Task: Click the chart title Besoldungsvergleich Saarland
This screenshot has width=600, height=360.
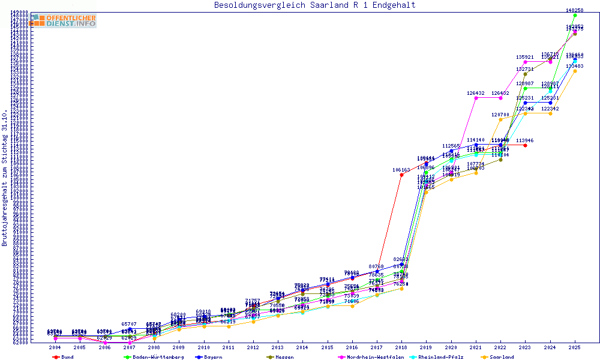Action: [315, 5]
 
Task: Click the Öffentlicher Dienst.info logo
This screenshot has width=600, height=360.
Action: [63, 21]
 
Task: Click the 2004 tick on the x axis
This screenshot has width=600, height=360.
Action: [55, 347]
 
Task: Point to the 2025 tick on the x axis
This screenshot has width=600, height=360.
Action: [575, 347]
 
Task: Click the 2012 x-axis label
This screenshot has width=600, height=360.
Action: [253, 347]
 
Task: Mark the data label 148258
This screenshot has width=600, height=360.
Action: [575, 10]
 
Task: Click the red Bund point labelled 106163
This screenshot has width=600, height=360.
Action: [401, 175]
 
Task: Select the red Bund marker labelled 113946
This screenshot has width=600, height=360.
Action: [525, 145]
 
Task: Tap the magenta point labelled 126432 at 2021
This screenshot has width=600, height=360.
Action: [476, 98]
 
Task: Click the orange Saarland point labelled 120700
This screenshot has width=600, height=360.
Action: [500, 119]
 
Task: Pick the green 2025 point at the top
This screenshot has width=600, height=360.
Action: [575, 15]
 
